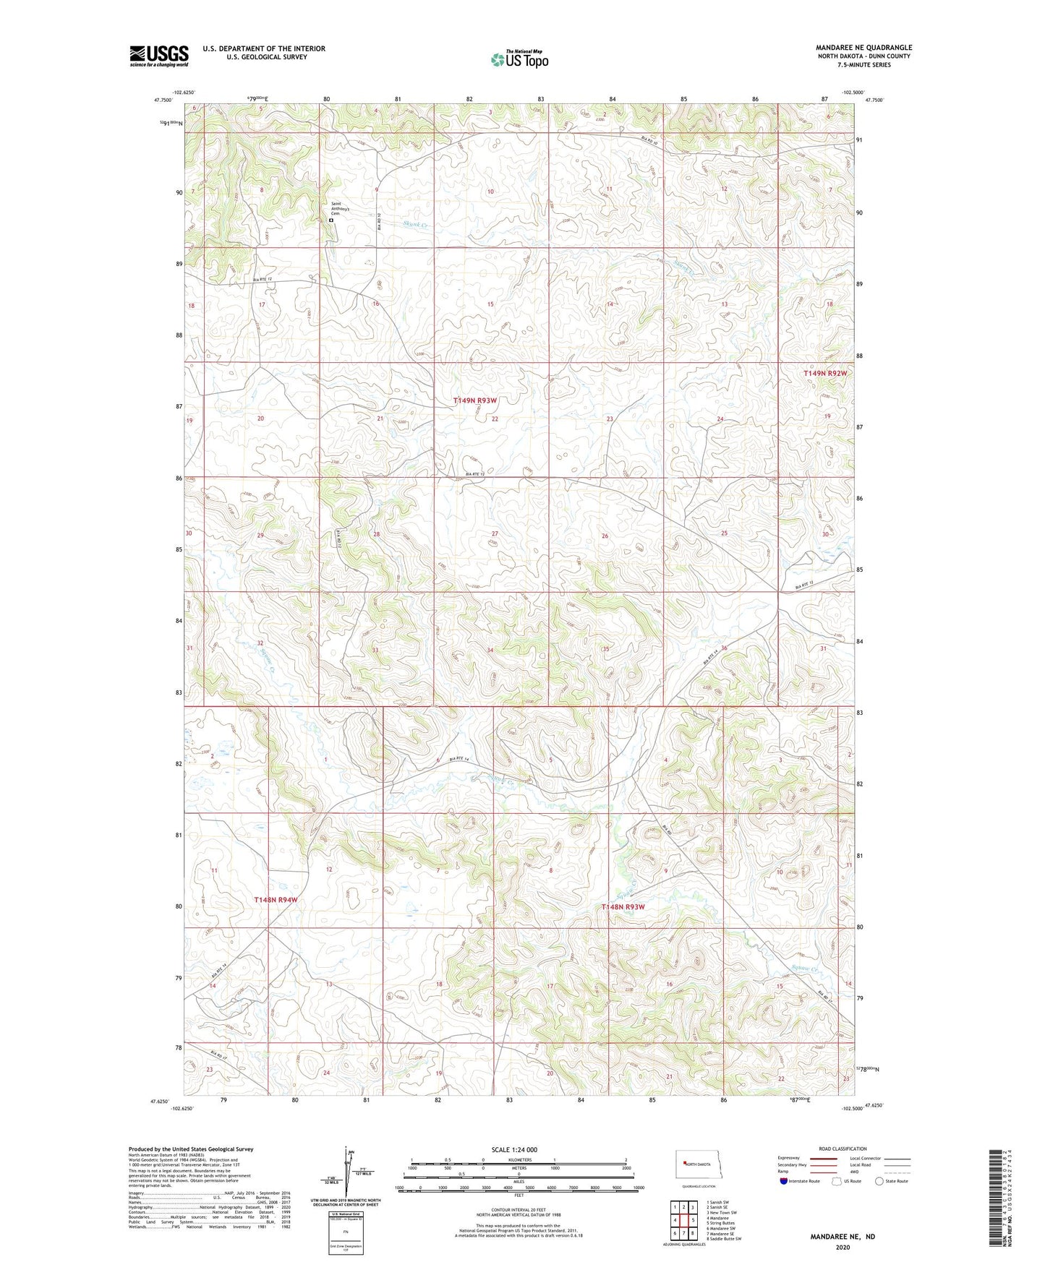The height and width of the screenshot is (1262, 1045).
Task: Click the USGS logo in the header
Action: click(x=159, y=55)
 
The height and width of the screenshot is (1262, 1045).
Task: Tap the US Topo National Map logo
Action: click(x=519, y=59)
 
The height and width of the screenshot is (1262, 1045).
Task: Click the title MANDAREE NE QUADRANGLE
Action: click(x=863, y=48)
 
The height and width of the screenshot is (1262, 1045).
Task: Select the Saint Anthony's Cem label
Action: click(x=340, y=209)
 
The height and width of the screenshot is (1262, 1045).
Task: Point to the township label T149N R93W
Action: click(x=475, y=400)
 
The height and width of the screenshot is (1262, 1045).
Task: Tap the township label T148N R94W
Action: click(x=276, y=900)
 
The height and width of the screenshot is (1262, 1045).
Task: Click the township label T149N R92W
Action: click(x=824, y=373)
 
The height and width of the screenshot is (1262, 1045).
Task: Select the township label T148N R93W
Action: click(x=623, y=906)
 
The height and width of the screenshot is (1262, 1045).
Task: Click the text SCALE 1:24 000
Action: click(x=514, y=1149)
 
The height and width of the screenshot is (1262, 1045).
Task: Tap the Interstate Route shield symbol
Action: click(x=784, y=1181)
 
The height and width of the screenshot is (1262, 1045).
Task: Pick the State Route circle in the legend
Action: click(x=879, y=1181)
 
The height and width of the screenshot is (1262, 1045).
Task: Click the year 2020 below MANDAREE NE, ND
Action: click(x=843, y=1247)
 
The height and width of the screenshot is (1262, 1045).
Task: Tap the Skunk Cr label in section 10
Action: click(x=416, y=225)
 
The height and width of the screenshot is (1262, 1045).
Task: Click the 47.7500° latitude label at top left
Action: click(x=163, y=101)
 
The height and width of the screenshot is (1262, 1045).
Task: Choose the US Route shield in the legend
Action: click(x=837, y=1181)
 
